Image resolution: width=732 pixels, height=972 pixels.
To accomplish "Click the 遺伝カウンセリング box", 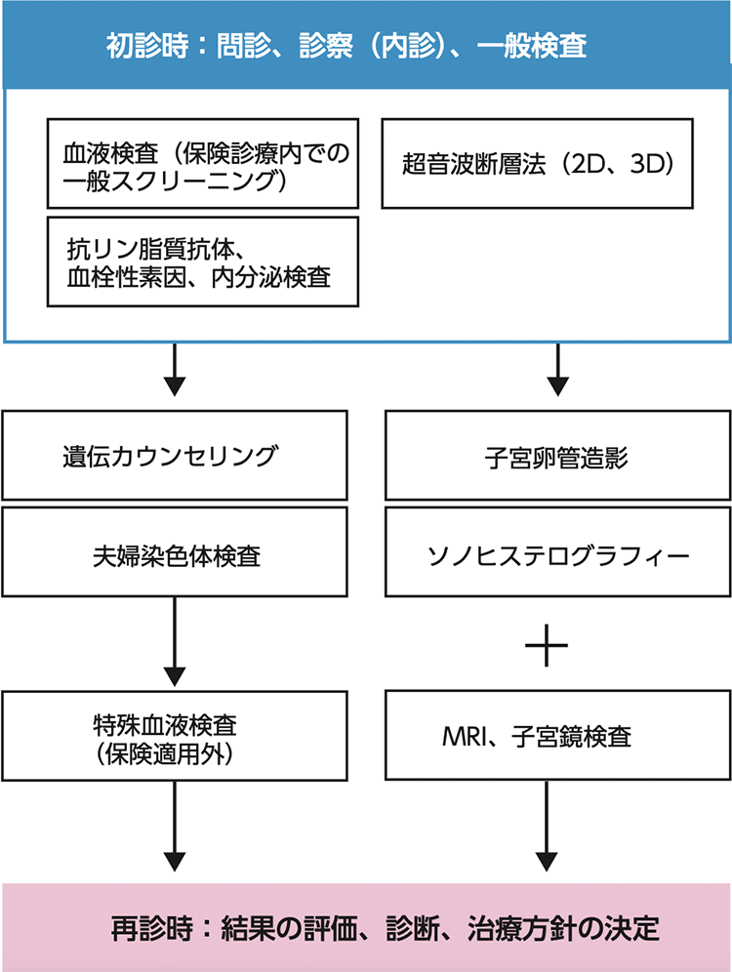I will click(175, 456).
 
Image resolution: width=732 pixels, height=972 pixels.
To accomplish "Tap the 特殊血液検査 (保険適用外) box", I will click(175, 736).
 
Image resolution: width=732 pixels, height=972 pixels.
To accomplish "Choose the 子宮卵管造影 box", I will click(557, 456).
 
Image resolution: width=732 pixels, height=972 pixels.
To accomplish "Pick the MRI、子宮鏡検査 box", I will click(557, 736).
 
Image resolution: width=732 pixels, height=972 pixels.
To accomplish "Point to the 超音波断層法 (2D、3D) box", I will click(538, 164).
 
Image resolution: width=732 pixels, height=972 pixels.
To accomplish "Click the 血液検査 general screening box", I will click(202, 164).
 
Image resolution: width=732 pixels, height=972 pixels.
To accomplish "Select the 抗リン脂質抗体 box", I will click(202, 263).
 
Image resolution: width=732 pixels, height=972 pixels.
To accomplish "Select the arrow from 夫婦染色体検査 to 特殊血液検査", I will click(175, 640).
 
